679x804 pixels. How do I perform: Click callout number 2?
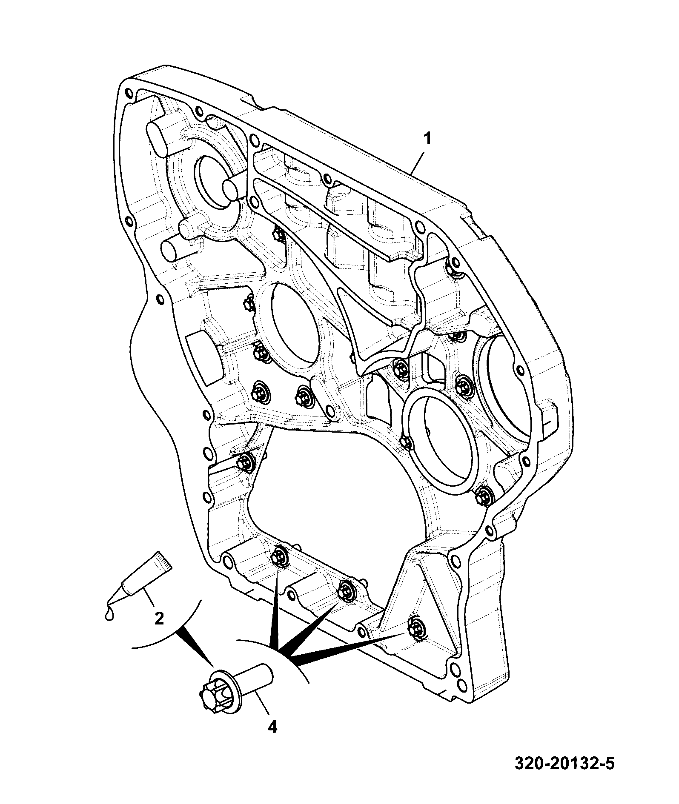(x=159, y=618)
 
